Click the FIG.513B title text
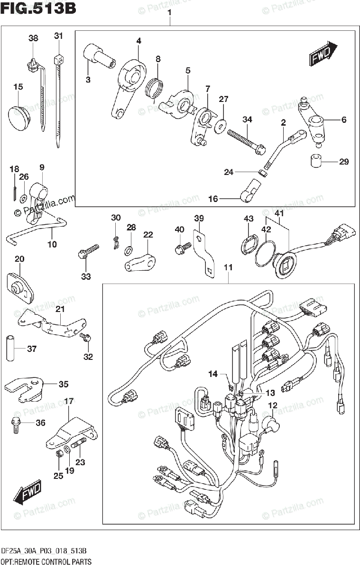pos(38,9)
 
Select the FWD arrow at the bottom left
pos(27,492)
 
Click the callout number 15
pos(18,87)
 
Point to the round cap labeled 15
pos(19,118)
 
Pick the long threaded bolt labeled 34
pos(247,142)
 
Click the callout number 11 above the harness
pos(228,267)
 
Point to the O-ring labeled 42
pos(265,254)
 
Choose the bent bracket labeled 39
pos(204,254)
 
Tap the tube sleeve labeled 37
pos(10,348)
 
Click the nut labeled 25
pos(59,453)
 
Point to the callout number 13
pos(270,393)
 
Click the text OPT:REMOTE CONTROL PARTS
pos(46,561)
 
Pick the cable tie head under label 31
pos(59,60)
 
